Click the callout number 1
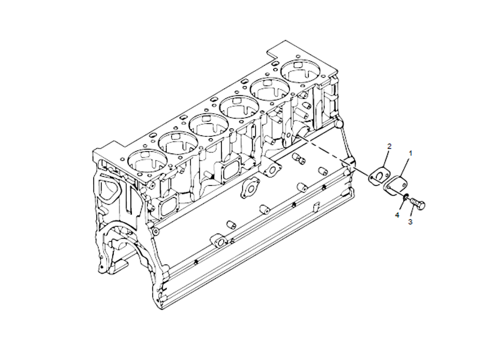pyautogui.click(x=410, y=154)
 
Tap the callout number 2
pyautogui.click(x=389, y=146)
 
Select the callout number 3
pyautogui.click(x=410, y=222)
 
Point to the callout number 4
pyautogui.click(x=397, y=214)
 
